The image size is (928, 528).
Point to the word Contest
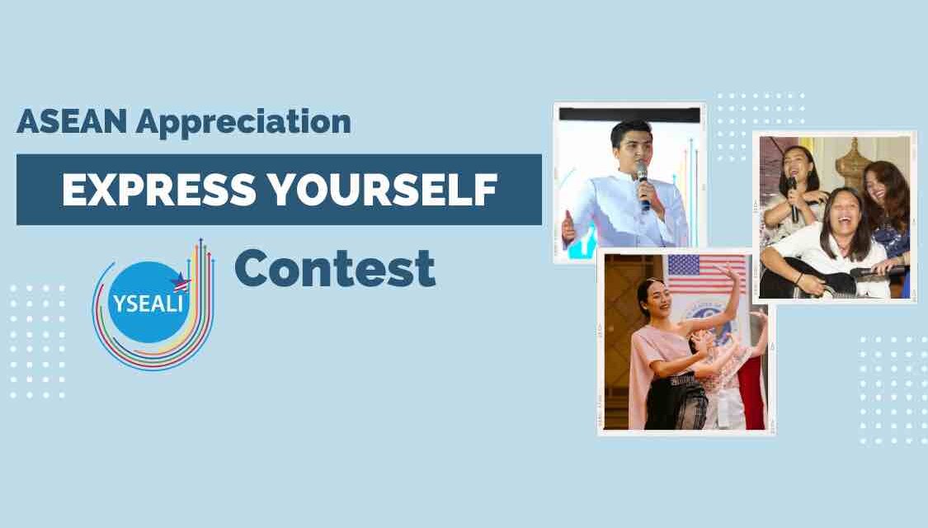(x=335, y=267)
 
